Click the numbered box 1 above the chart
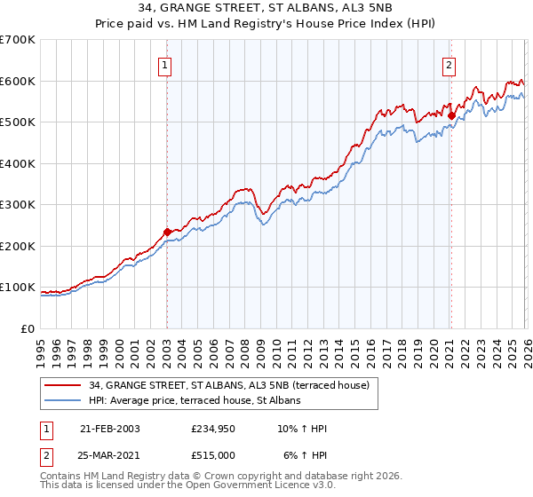click(166, 64)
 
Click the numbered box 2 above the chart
click(449, 64)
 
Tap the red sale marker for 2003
click(167, 232)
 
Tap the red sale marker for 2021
click(451, 115)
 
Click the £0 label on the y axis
click(28, 328)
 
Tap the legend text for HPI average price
click(195, 401)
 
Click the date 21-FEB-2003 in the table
click(110, 429)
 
